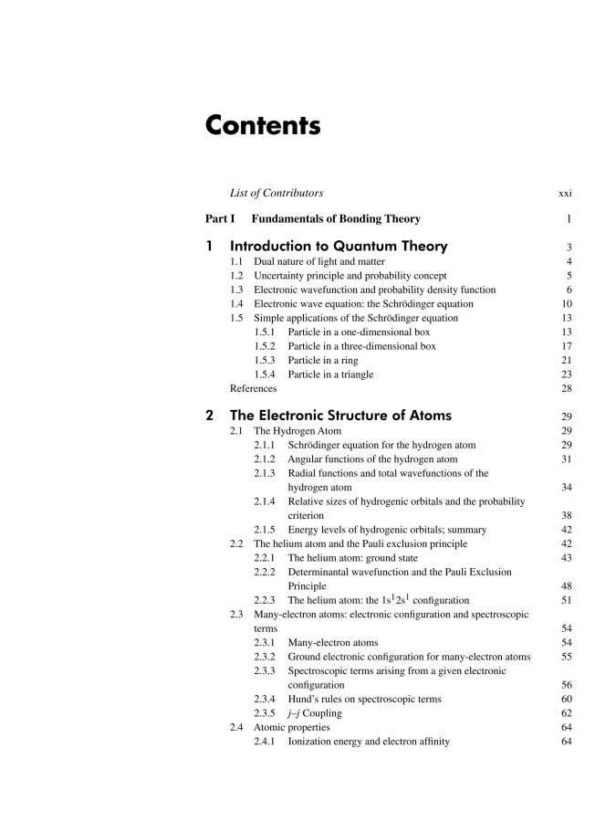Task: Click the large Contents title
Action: [263, 125]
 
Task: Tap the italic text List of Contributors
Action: [277, 194]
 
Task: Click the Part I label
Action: [220, 219]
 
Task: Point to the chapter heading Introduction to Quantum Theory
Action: [339, 247]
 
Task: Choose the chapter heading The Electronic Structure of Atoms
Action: [340, 416]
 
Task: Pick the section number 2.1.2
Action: [266, 459]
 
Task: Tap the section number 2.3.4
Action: [266, 699]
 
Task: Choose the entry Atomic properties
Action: [292, 727]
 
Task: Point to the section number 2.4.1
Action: [266, 742]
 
